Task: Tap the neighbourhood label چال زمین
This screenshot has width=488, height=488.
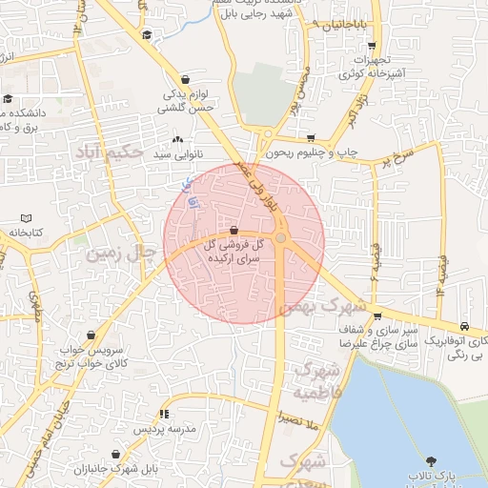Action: pyautogui.click(x=121, y=254)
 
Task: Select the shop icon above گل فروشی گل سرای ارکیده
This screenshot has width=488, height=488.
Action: pyautogui.click(x=234, y=228)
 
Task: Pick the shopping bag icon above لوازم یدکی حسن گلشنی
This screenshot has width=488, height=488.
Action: pyautogui.click(x=184, y=79)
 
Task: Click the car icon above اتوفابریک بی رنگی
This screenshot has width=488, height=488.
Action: pyautogui.click(x=464, y=325)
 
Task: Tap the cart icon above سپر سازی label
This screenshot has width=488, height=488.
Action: pyautogui.click(x=378, y=316)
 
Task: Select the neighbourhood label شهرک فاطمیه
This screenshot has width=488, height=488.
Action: pyautogui.click(x=315, y=379)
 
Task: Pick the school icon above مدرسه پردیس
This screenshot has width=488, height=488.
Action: pyautogui.click(x=164, y=415)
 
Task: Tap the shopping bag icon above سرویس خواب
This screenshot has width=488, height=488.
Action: pyautogui.click(x=91, y=335)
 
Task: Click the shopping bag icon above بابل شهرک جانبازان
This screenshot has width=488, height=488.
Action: pyautogui.click(x=115, y=454)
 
